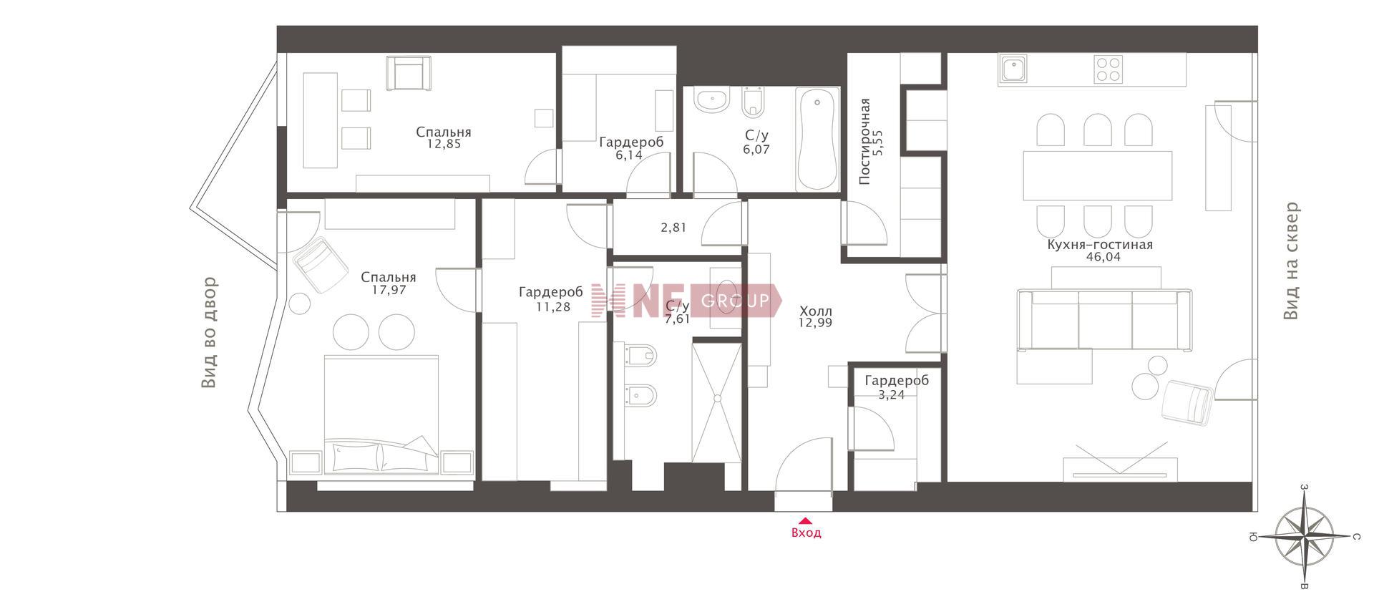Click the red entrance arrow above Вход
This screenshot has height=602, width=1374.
point(806,521)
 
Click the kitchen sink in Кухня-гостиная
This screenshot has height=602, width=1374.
point(1013,70)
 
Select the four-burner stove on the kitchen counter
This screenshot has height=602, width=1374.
point(1109,69)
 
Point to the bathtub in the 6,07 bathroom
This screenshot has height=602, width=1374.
point(817,139)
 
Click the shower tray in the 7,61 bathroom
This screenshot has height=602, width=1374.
point(716,402)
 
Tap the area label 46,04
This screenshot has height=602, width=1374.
point(1101,258)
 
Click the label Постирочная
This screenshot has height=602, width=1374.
point(864,142)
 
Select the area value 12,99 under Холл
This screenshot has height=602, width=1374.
point(816,323)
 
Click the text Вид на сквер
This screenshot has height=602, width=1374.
point(1290,261)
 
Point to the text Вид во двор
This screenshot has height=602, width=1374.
point(209,333)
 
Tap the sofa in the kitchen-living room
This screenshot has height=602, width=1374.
point(1104,320)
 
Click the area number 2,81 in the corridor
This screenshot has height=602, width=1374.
point(673,228)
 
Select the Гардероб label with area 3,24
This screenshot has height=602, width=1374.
point(896,381)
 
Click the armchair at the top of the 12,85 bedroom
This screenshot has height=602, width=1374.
point(410,74)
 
